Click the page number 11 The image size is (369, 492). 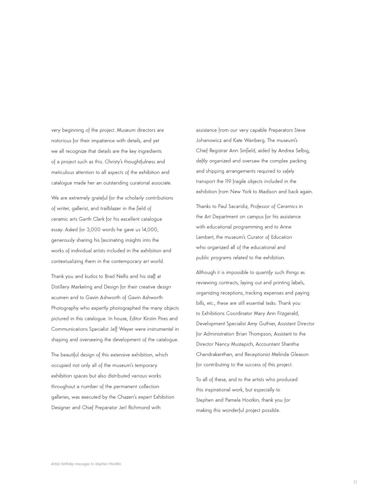point(355,482)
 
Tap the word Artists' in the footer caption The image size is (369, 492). point(56,464)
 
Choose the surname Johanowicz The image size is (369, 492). point(209,140)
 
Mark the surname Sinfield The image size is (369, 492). point(245,150)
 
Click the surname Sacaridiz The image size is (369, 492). point(233,206)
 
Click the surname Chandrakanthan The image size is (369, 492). point(215,354)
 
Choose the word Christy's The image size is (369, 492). point(114,162)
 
